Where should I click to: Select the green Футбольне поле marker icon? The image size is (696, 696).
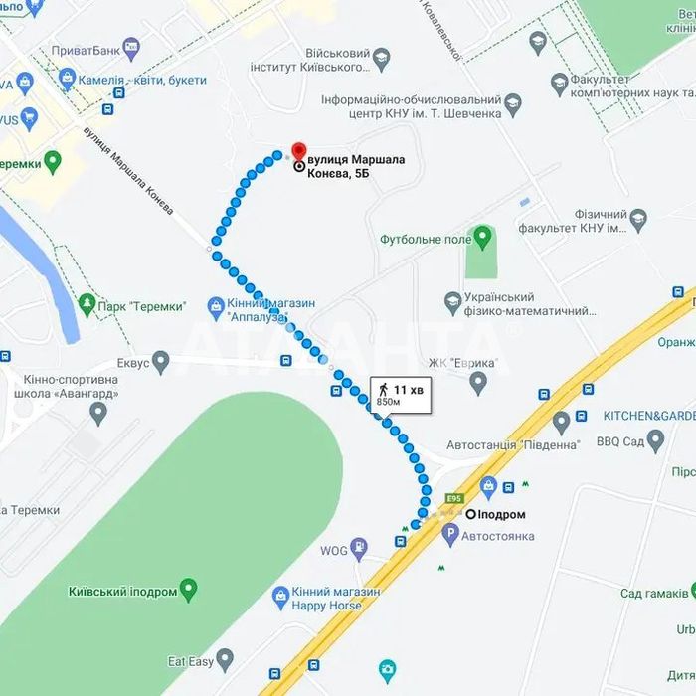(x=483, y=237)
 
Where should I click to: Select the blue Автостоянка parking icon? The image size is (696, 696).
(x=450, y=536)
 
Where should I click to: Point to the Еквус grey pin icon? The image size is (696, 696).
(x=160, y=360)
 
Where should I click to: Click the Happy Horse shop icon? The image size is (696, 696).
(x=281, y=597)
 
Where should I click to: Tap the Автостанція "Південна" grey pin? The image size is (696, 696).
(x=561, y=422)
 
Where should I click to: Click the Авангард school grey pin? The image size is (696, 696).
(x=97, y=412)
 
